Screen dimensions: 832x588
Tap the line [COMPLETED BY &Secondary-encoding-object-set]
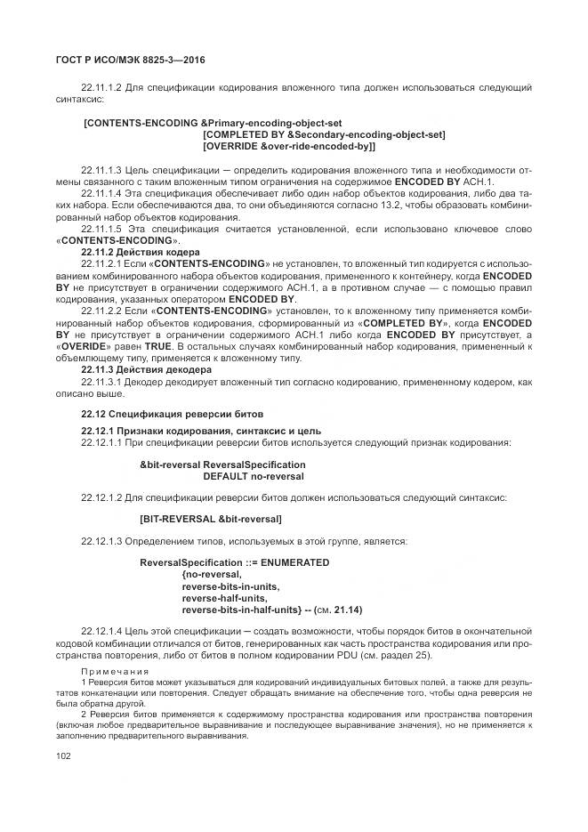(324, 134)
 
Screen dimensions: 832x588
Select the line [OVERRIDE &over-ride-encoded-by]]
(289, 146)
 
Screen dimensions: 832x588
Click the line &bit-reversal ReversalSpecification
(222, 464)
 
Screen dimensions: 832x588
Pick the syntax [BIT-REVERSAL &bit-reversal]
(211, 518)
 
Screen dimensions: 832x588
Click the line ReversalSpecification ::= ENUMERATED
(235, 562)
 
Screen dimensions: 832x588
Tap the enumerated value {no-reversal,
(212, 575)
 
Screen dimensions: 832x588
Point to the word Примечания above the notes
(115, 670)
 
